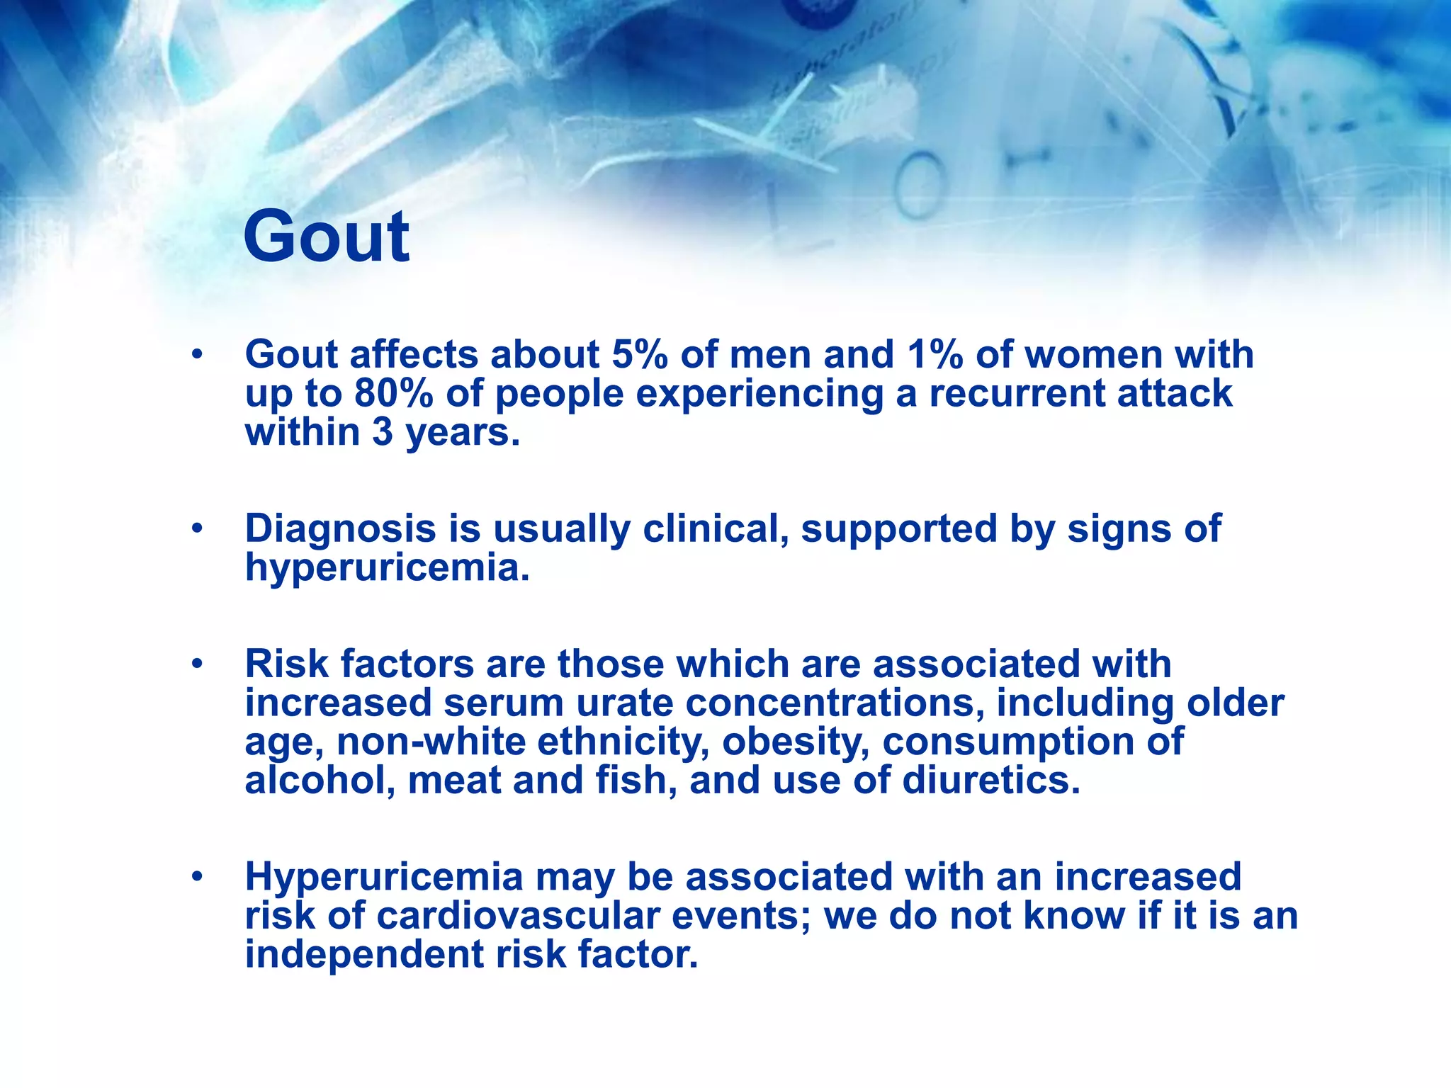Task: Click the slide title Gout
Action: click(326, 237)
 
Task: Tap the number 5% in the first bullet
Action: click(639, 354)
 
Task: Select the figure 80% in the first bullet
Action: click(393, 393)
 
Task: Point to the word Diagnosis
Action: click(340, 529)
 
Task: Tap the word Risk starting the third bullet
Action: click(287, 664)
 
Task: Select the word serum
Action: click(504, 703)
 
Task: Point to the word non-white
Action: click(431, 742)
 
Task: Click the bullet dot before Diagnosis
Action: click(197, 528)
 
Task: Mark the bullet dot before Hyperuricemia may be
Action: click(197, 877)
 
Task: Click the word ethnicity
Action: click(623, 742)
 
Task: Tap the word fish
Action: click(636, 781)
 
